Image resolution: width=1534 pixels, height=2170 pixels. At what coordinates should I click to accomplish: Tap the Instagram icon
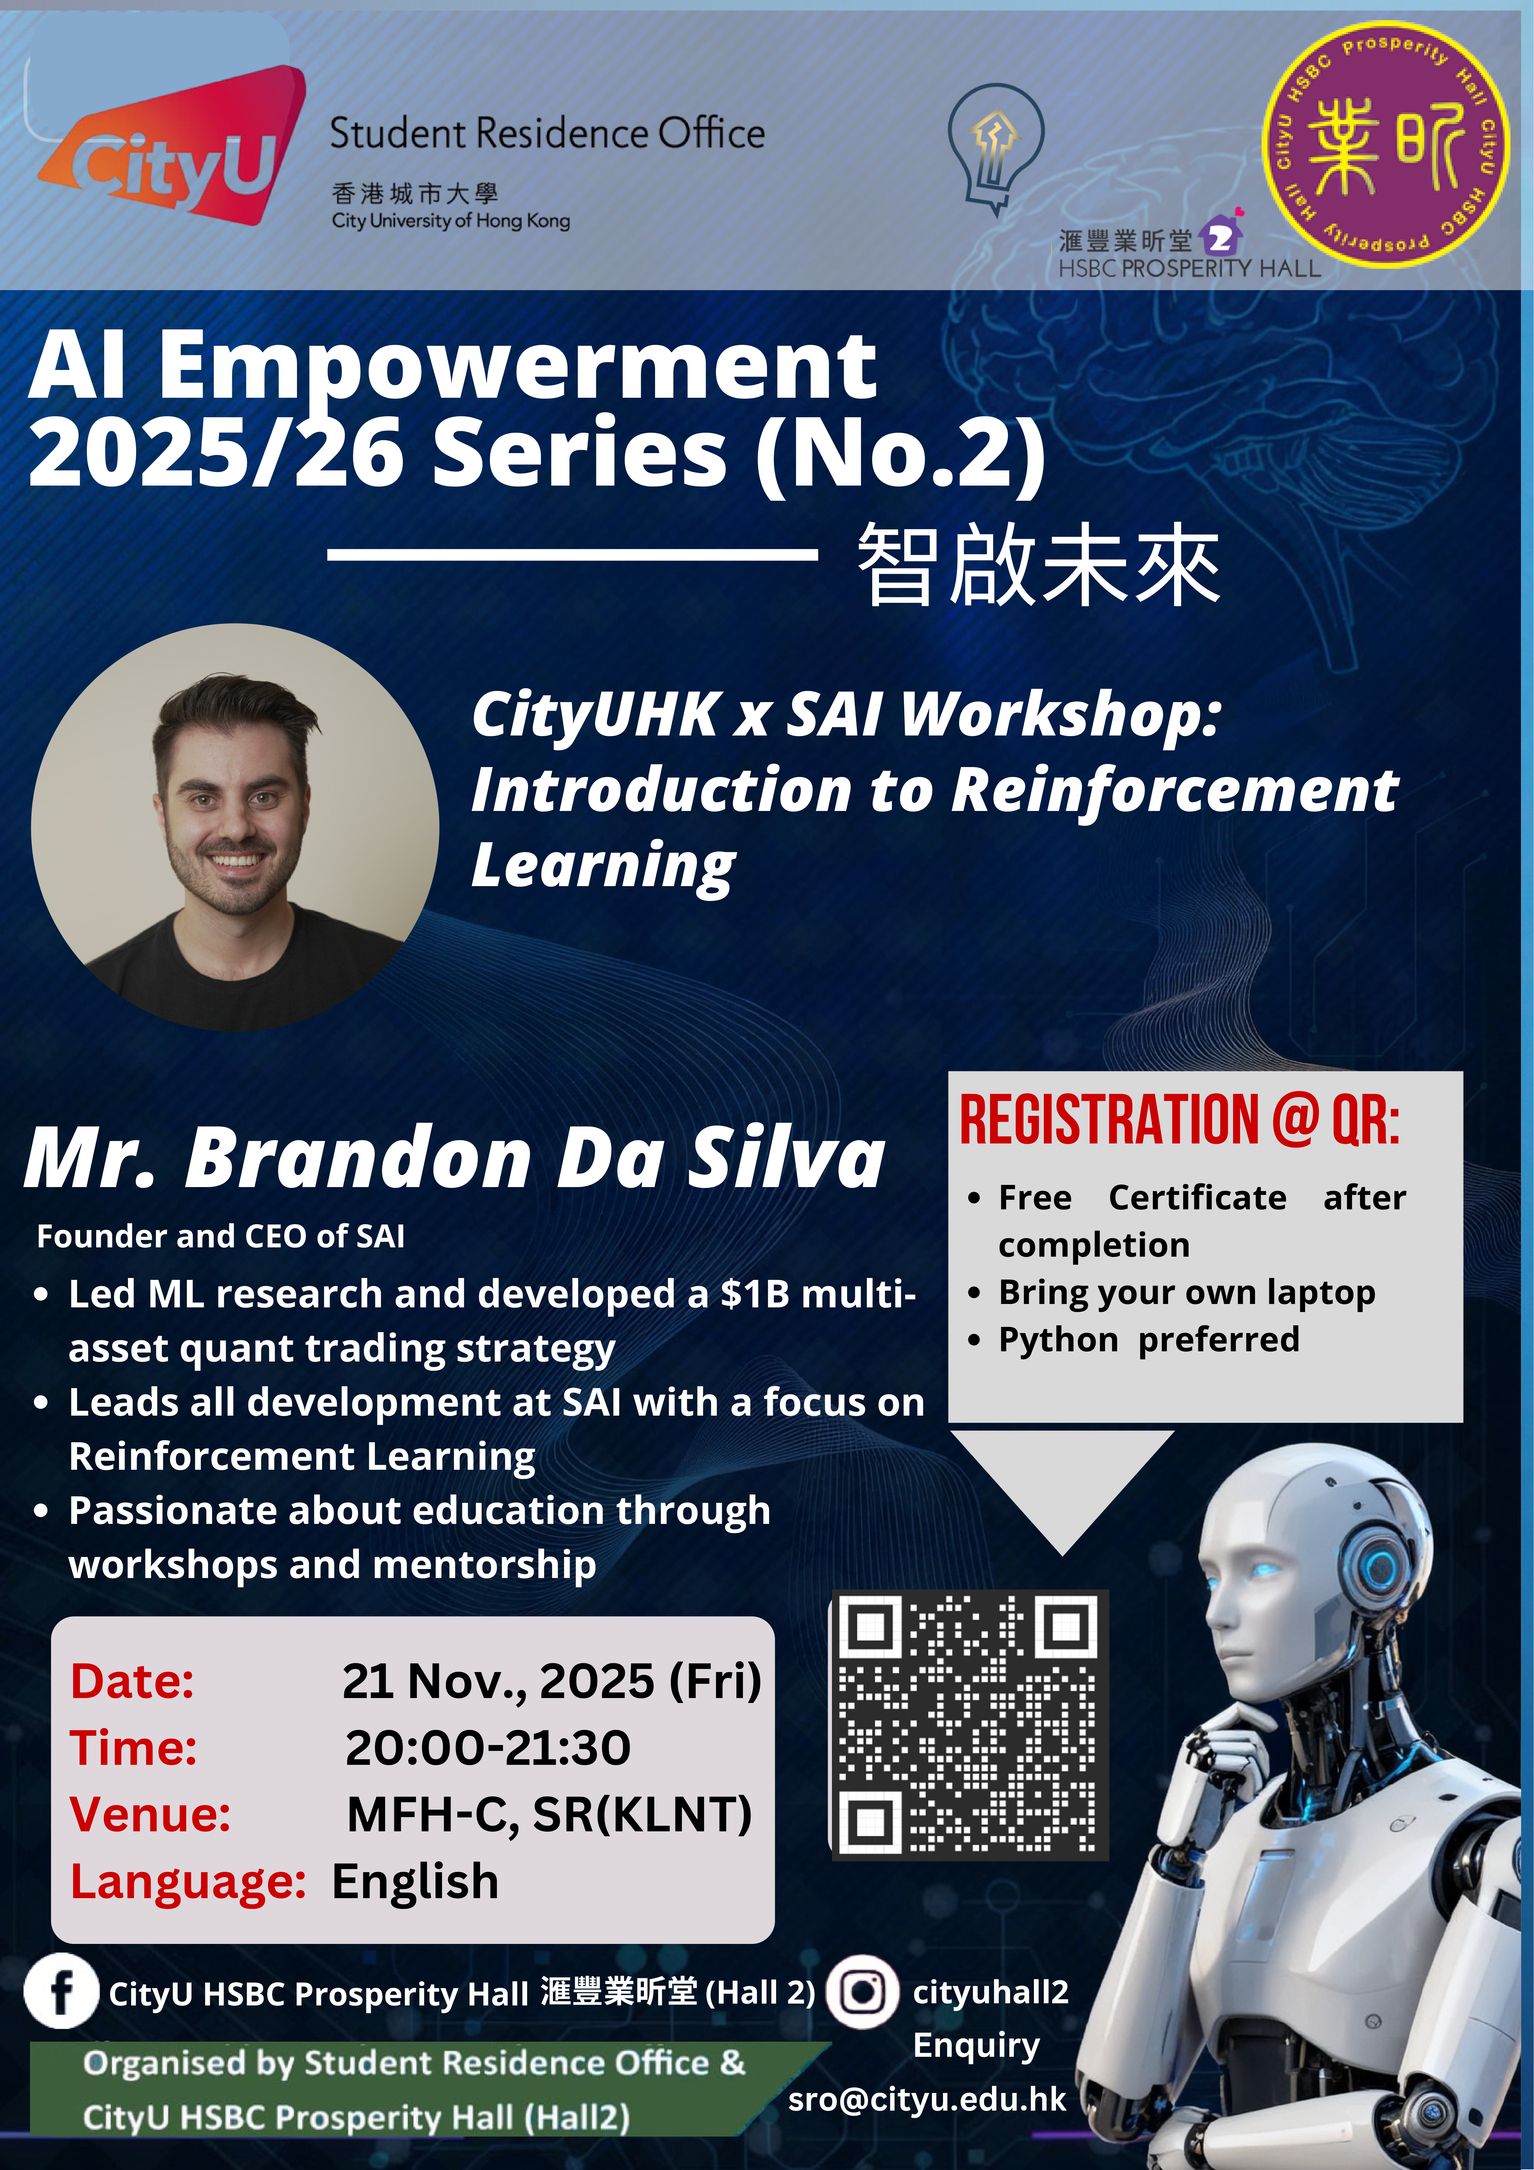(x=862, y=1991)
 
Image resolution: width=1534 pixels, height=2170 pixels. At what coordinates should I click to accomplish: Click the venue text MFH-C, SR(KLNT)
(x=549, y=1815)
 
